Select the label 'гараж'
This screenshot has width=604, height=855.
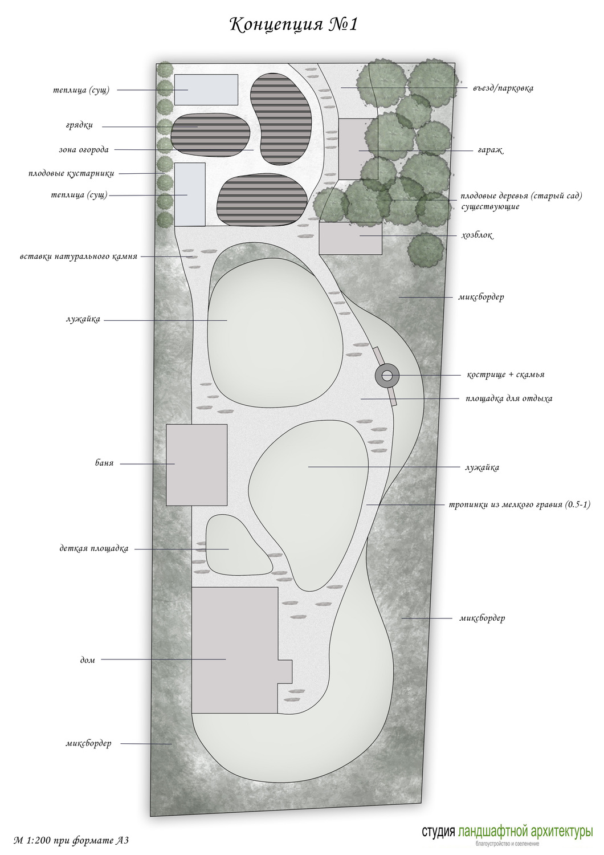(x=490, y=150)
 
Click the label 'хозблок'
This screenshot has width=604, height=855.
(x=477, y=235)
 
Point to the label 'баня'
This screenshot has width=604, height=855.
(x=104, y=463)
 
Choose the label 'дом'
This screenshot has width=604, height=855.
(x=87, y=660)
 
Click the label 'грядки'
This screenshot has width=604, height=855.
(x=79, y=125)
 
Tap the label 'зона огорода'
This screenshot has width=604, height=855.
(x=84, y=149)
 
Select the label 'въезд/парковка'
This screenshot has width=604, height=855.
(x=503, y=88)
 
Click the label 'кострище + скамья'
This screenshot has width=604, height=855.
(x=505, y=374)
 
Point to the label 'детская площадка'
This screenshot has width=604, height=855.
(x=94, y=549)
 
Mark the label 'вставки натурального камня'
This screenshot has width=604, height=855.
(x=79, y=256)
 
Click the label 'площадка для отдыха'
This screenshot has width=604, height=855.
(x=509, y=399)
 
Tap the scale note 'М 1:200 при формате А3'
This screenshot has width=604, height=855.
(x=71, y=840)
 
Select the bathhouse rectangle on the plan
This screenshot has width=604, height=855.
(x=197, y=465)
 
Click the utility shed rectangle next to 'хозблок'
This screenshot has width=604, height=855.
(x=350, y=238)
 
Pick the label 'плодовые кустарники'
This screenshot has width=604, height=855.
(x=71, y=174)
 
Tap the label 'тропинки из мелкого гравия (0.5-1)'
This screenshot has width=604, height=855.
(x=519, y=504)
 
